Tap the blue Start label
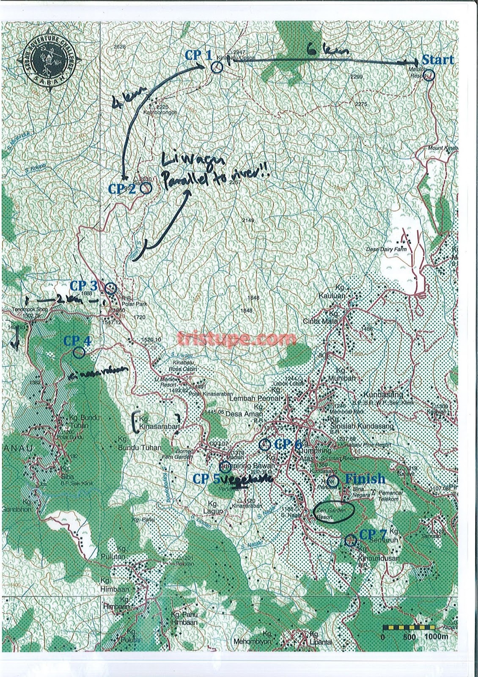437,60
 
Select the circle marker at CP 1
217,66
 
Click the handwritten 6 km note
328,51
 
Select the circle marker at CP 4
78,352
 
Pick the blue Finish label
365,479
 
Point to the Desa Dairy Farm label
386,249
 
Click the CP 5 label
206,479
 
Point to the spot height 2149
248,220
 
